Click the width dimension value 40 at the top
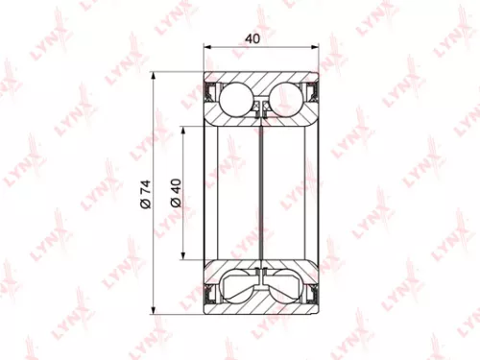click(252, 39)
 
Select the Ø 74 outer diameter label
click(143, 191)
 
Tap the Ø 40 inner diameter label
click(174, 191)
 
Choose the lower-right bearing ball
click(287, 285)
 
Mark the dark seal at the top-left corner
click(212, 92)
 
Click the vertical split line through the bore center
click(260, 191)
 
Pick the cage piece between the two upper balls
click(260, 105)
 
